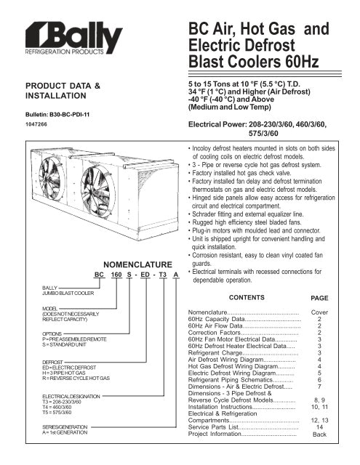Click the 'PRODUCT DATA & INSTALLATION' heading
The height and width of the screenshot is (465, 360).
pos(62,90)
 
